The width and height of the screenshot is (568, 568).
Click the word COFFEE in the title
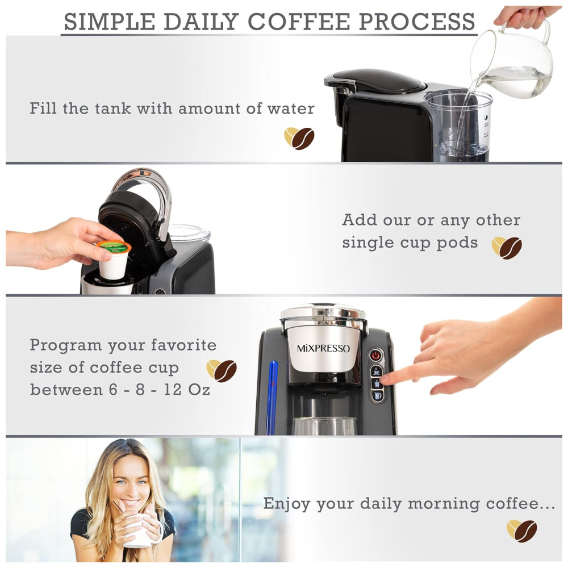coord(299,22)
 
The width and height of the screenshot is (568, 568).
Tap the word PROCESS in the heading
coord(417,22)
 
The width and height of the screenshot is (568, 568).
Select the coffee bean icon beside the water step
coord(299,138)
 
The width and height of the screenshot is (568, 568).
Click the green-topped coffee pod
coord(114,260)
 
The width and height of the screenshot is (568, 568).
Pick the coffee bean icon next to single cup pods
coord(507,248)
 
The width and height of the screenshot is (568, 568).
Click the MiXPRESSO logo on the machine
coord(324,349)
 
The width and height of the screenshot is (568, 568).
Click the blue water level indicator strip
coord(272,398)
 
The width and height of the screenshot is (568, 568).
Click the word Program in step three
coord(65,345)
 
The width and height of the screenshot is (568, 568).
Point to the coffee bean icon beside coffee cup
coord(222,371)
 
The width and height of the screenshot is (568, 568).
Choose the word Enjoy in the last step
coord(287,504)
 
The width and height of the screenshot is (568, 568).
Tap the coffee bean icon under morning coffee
coord(522,531)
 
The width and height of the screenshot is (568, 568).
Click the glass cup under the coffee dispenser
coord(324,426)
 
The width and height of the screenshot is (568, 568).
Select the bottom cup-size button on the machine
coord(377,395)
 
